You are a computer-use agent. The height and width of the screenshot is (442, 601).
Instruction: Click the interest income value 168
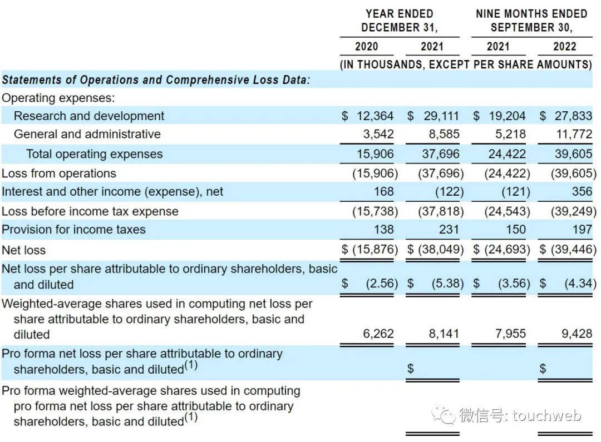point(383,192)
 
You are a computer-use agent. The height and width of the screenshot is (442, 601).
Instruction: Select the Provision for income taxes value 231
point(448,230)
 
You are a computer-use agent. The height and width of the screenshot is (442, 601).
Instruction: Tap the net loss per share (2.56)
point(381,284)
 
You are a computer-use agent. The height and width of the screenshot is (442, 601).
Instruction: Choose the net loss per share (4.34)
point(580,284)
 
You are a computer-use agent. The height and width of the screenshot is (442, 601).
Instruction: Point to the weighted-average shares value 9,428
point(577,334)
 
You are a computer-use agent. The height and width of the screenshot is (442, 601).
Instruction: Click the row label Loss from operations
point(59,173)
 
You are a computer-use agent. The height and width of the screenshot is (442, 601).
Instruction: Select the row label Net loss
point(24,250)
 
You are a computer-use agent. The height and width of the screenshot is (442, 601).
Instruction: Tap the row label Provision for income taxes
point(73,230)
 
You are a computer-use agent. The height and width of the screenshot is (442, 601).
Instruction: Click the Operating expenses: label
point(58,98)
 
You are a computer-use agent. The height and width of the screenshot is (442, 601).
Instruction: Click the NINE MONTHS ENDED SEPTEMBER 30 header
point(531,21)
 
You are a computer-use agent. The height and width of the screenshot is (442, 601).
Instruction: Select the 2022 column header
point(564,47)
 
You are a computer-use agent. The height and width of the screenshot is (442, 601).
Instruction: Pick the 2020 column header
point(366,47)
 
